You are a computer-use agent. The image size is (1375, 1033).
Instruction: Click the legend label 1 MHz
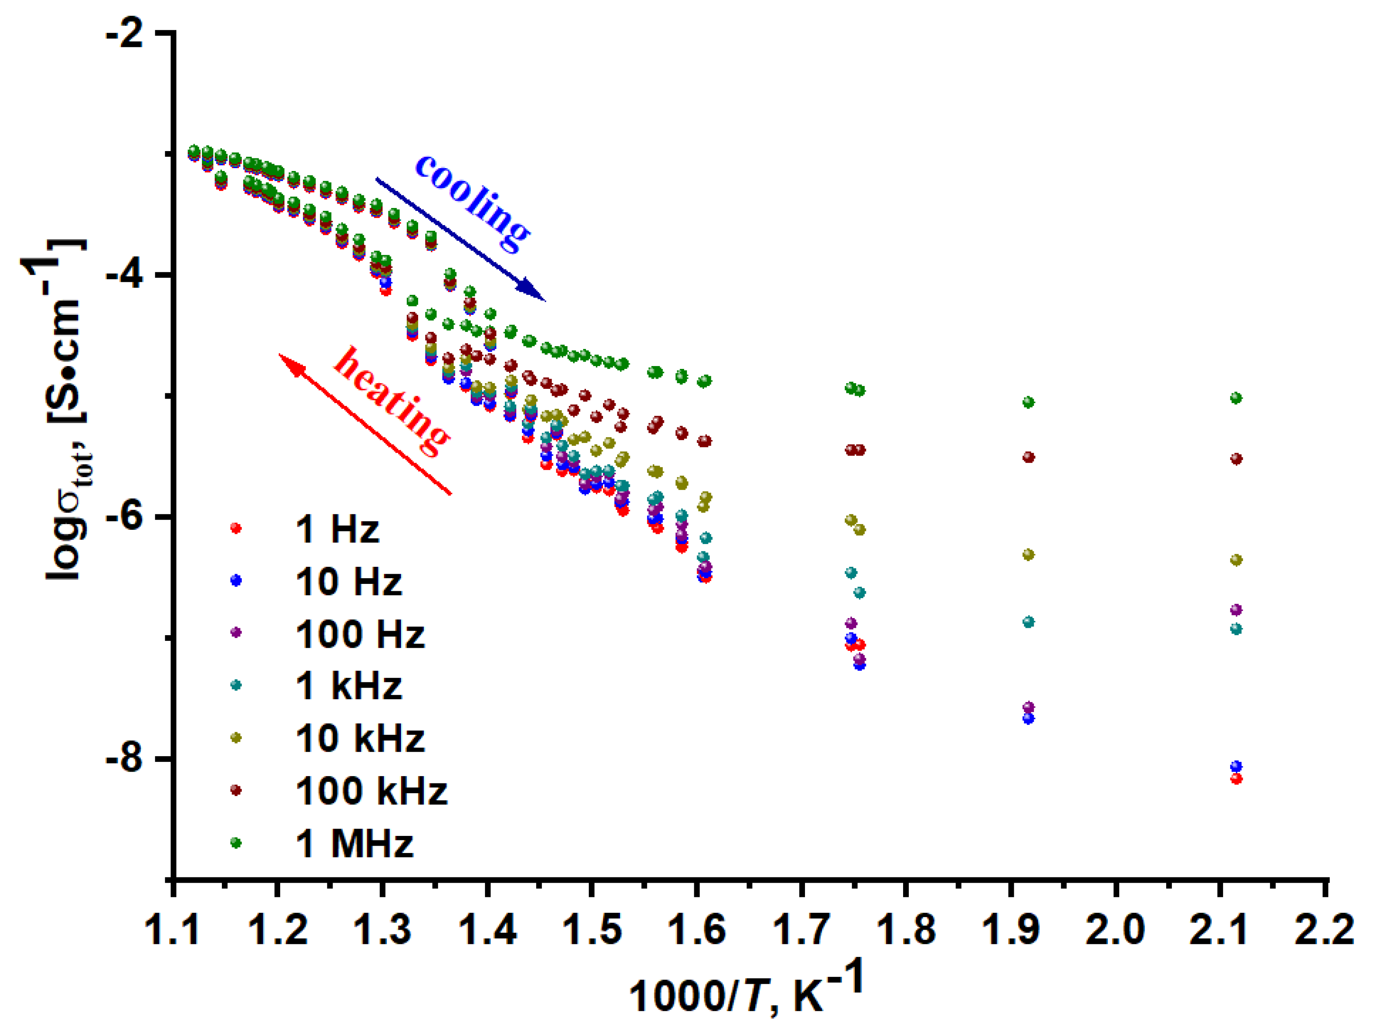pos(354,844)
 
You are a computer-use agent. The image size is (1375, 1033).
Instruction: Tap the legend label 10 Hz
pos(348,582)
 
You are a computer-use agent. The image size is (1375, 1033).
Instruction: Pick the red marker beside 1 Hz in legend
pos(236,529)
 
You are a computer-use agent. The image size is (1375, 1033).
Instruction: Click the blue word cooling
pos(472,202)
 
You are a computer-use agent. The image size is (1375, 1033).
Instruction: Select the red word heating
pos(392,401)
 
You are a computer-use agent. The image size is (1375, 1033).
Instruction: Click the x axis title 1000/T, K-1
pos(746,988)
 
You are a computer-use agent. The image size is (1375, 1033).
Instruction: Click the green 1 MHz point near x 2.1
pos(1237,398)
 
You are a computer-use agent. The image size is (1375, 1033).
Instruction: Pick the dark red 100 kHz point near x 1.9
pos(1029,457)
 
